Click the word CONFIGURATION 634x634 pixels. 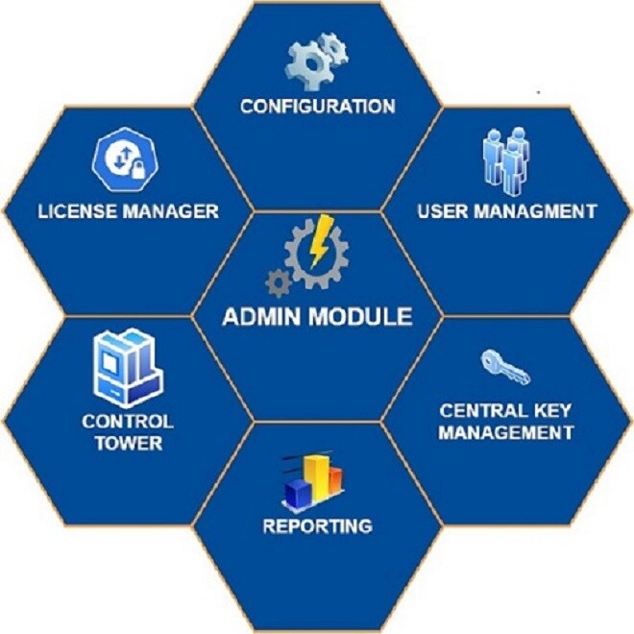(x=317, y=106)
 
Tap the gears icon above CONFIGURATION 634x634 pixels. (x=317, y=59)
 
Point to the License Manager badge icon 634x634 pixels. (x=121, y=159)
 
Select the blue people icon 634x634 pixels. (x=505, y=158)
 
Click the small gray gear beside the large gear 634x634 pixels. (x=278, y=282)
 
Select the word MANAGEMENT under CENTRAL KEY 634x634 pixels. (x=506, y=432)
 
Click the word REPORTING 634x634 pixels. (x=317, y=525)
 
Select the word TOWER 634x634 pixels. (x=128, y=443)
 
